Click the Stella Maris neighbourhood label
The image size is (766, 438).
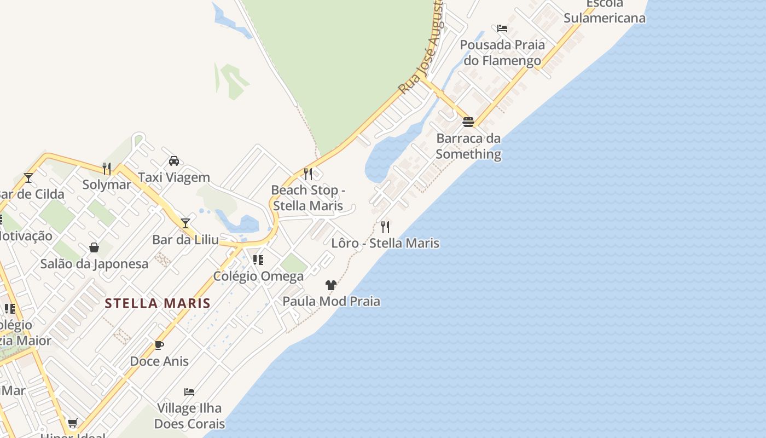(x=158, y=303)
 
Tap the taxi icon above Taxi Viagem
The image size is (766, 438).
(x=174, y=161)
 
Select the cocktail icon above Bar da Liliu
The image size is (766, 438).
(x=185, y=223)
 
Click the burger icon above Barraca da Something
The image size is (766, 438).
(x=468, y=122)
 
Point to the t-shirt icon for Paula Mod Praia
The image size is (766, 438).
(x=331, y=285)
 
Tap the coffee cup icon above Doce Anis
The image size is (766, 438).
(x=159, y=345)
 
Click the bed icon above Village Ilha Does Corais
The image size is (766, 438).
(x=189, y=392)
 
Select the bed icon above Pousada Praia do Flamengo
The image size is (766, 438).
(x=502, y=28)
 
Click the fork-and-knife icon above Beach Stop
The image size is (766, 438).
(x=308, y=174)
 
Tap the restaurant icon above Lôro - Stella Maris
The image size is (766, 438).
(x=385, y=227)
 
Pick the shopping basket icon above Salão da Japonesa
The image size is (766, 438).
(x=94, y=247)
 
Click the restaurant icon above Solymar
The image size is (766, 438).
(x=107, y=168)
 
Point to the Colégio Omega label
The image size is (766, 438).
(x=258, y=276)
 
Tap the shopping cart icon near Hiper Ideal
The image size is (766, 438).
(x=72, y=423)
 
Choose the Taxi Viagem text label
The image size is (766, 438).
(x=174, y=177)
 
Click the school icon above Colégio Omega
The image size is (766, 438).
(x=258, y=260)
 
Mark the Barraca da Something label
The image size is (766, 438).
(x=468, y=146)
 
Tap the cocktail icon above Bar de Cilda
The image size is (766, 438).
(x=28, y=177)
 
